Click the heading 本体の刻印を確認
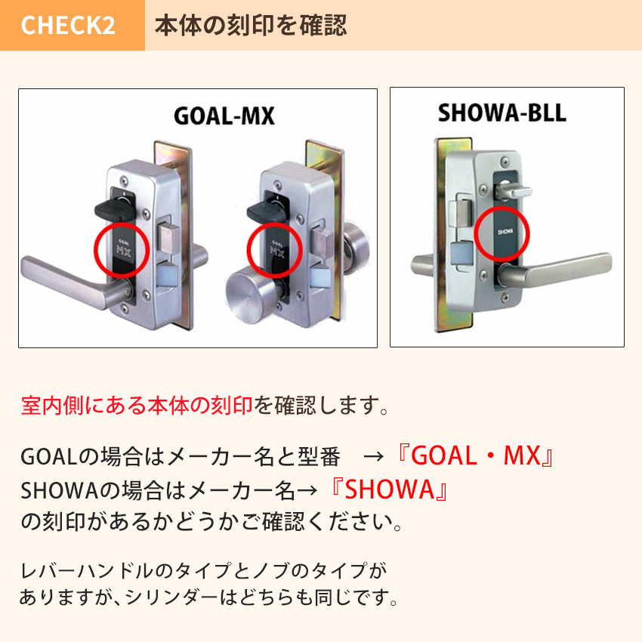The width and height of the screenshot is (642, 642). click(251, 26)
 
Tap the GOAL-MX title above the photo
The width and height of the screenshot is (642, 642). click(224, 116)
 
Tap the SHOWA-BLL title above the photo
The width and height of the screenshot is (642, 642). click(502, 114)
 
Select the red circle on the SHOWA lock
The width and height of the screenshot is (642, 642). click(503, 233)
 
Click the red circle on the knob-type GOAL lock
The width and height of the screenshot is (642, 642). click(275, 251)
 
